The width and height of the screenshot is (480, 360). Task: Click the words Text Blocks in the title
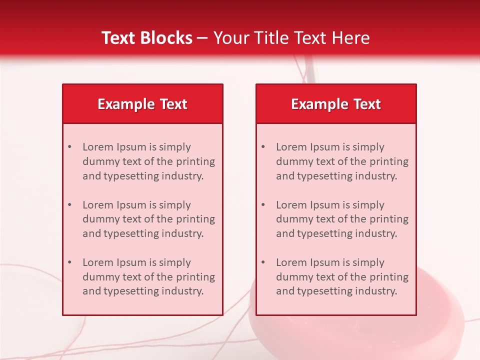[147, 38]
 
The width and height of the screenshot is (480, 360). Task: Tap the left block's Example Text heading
[142, 104]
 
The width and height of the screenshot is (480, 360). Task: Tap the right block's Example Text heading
[336, 104]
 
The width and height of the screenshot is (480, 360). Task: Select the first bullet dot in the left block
[69, 147]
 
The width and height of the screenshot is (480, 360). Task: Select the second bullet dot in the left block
[69, 205]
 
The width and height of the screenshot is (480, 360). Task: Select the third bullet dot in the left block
[69, 262]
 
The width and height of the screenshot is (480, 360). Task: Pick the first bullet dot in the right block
[263, 147]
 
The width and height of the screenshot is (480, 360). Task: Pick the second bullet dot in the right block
[263, 205]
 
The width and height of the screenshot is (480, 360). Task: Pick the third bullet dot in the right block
[263, 262]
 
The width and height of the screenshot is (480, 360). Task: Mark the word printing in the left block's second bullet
[196, 219]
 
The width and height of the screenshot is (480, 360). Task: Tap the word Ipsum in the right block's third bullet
[326, 262]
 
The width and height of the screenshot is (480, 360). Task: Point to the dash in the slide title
[202, 38]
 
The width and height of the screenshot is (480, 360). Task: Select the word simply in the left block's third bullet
[175, 262]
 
